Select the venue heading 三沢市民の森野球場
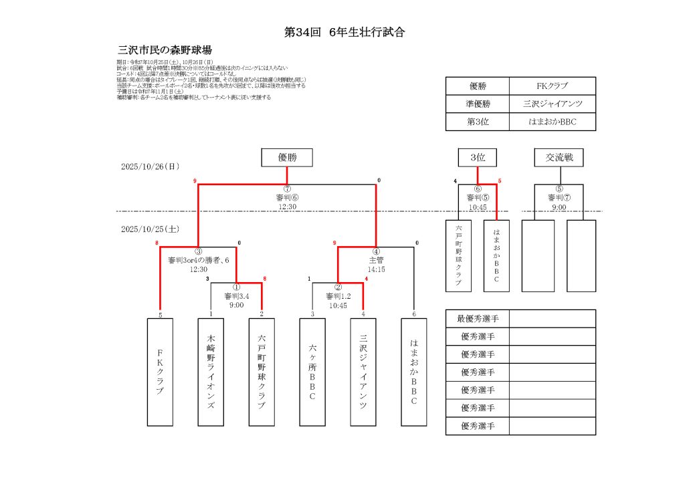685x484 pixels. [x=165, y=50]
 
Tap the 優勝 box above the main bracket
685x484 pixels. [x=287, y=158]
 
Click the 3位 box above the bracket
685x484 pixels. [x=477, y=158]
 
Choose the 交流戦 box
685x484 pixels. [x=559, y=158]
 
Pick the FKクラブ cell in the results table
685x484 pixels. [x=552, y=86]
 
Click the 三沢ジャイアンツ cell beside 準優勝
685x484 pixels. [x=552, y=104]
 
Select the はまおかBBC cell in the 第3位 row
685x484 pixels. [x=552, y=122]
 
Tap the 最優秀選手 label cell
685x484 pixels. [x=478, y=318]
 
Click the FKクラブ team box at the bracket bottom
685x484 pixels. [x=160, y=372]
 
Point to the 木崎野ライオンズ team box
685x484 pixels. [x=211, y=372]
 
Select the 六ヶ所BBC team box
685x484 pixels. [x=312, y=372]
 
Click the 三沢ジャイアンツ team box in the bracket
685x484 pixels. [x=363, y=372]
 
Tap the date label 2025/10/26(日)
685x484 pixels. [x=151, y=166]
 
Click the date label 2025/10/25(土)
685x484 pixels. [x=151, y=229]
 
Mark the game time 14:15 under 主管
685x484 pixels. [x=376, y=269]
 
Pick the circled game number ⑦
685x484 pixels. [x=287, y=189]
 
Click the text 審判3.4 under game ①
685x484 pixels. [x=237, y=296]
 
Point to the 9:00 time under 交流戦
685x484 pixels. [x=559, y=207]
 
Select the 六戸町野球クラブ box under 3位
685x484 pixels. [x=458, y=255]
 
